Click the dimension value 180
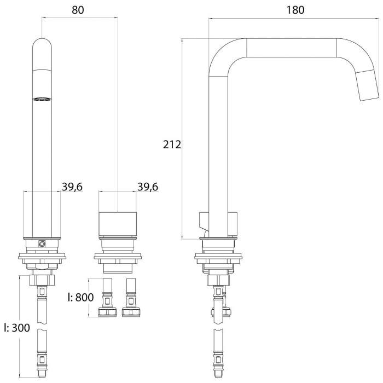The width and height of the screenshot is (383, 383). [294, 9]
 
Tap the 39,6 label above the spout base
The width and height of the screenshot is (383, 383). [72, 187]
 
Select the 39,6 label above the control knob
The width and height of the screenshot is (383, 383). [148, 187]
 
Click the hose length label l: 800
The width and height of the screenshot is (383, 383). [81, 298]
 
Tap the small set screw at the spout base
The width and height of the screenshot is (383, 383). [41, 243]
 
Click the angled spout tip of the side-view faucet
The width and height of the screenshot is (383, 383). [367, 86]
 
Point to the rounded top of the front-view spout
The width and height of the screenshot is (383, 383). [42, 46]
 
